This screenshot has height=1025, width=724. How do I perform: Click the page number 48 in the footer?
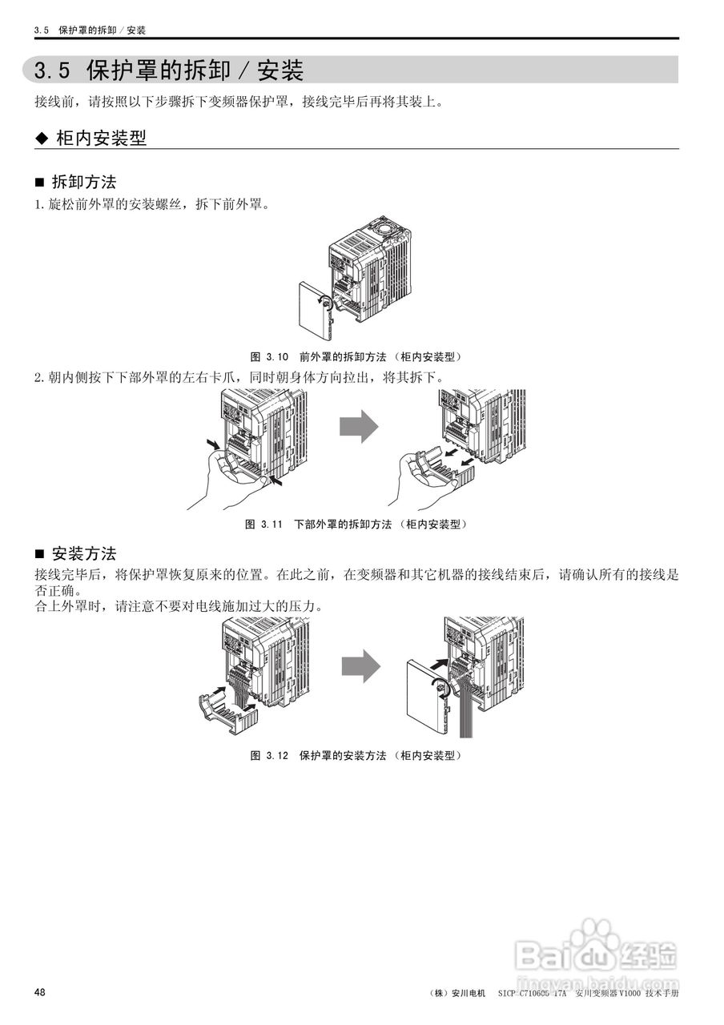coord(39,992)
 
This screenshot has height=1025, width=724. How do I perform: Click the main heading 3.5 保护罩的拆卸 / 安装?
coord(169,70)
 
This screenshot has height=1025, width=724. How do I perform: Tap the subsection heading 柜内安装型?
coord(101,138)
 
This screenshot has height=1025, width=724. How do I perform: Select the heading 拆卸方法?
coord(83,182)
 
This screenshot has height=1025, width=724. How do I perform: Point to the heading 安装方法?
coord(83,553)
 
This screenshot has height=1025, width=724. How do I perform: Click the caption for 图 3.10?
coord(356,356)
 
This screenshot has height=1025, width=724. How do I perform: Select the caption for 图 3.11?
coord(356,525)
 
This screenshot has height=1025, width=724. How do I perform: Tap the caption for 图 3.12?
coord(356,755)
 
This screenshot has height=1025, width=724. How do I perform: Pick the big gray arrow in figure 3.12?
coord(360,665)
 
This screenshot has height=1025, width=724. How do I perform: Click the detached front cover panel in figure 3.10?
coord(312,313)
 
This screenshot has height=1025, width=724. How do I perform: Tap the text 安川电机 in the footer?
coord(469,993)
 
